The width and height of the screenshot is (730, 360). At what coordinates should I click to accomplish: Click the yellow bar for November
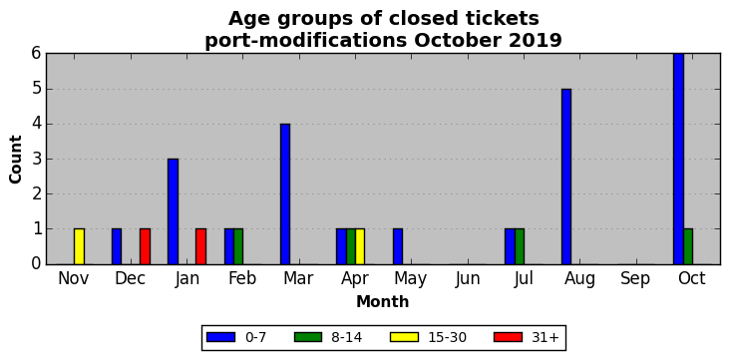[79, 246]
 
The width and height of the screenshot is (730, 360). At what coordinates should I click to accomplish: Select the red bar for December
[145, 246]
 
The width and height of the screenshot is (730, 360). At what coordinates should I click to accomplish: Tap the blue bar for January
[173, 211]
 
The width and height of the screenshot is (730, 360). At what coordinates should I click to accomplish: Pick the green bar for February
[238, 246]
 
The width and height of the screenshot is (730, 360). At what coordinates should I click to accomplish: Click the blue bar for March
[285, 193]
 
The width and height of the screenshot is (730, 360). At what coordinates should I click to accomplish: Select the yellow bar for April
[360, 246]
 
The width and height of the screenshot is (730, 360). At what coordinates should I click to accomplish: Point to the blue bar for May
[398, 246]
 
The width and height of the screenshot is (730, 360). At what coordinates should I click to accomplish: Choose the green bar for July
[520, 246]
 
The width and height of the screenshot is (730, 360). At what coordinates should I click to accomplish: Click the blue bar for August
[566, 177]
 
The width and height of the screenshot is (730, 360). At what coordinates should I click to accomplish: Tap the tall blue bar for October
[678, 159]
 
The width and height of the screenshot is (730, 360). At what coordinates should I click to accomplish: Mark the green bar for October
[688, 246]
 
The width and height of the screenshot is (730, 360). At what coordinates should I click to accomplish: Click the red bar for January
[201, 246]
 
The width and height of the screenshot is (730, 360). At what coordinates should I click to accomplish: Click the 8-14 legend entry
[328, 338]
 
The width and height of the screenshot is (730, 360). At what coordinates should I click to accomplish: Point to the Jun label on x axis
[468, 279]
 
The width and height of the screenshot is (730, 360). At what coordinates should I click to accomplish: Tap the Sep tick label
[635, 279]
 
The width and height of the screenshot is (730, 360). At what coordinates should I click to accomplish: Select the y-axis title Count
[15, 160]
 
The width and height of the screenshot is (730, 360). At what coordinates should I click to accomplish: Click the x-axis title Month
[383, 302]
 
